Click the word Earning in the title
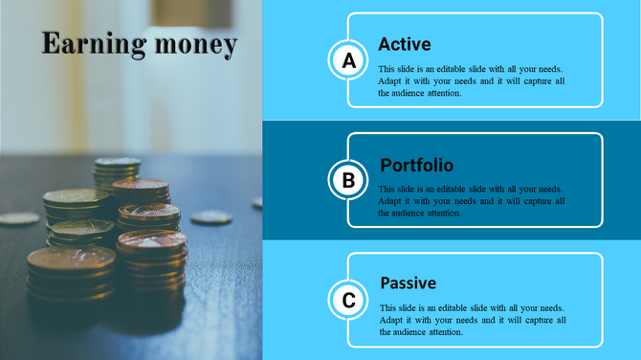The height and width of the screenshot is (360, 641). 88,44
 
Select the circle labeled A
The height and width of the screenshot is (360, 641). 349,61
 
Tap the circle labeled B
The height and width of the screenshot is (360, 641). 349,180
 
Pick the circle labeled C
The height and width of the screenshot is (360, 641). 349,301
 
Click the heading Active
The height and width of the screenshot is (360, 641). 404,44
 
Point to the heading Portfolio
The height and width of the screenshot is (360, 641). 416,165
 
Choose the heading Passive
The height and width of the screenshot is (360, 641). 408,283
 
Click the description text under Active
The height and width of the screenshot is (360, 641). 471,81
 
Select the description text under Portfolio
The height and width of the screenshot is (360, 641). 471,201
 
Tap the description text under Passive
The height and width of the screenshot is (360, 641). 471,320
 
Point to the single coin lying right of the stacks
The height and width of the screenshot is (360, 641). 210,218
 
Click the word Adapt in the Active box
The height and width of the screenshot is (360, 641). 390,81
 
